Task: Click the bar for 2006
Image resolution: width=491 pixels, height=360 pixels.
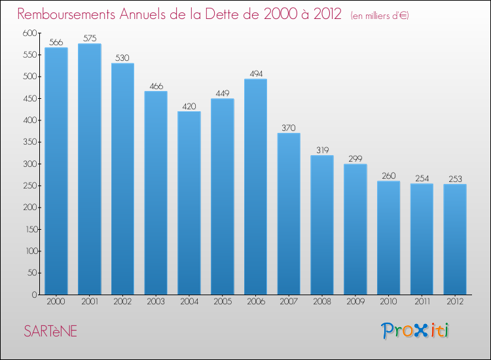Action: (x=255, y=187)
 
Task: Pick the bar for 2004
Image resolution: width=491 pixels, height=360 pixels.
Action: (x=189, y=203)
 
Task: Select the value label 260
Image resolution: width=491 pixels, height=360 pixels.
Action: (x=388, y=176)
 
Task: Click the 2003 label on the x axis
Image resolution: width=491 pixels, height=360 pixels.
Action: (x=156, y=303)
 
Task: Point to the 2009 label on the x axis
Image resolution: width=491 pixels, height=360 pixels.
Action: (x=355, y=303)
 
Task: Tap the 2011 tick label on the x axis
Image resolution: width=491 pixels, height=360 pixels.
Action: (x=422, y=303)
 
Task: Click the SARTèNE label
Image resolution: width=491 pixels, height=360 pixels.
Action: (x=50, y=331)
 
